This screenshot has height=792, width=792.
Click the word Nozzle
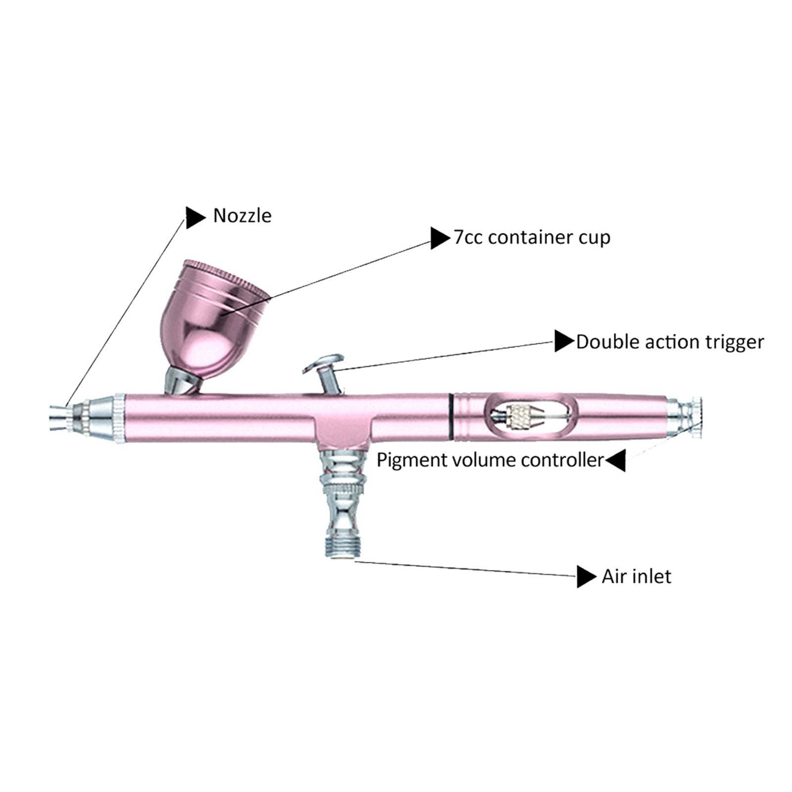pos(242,216)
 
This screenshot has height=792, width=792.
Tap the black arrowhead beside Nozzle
pos(195,217)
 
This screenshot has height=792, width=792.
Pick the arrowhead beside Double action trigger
pos(564,341)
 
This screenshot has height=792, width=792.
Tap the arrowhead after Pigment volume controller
pos(615,461)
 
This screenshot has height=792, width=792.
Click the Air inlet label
pos(636,577)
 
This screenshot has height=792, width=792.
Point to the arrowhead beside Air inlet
pos(587,577)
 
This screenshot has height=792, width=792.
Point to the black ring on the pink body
pos(452,417)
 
